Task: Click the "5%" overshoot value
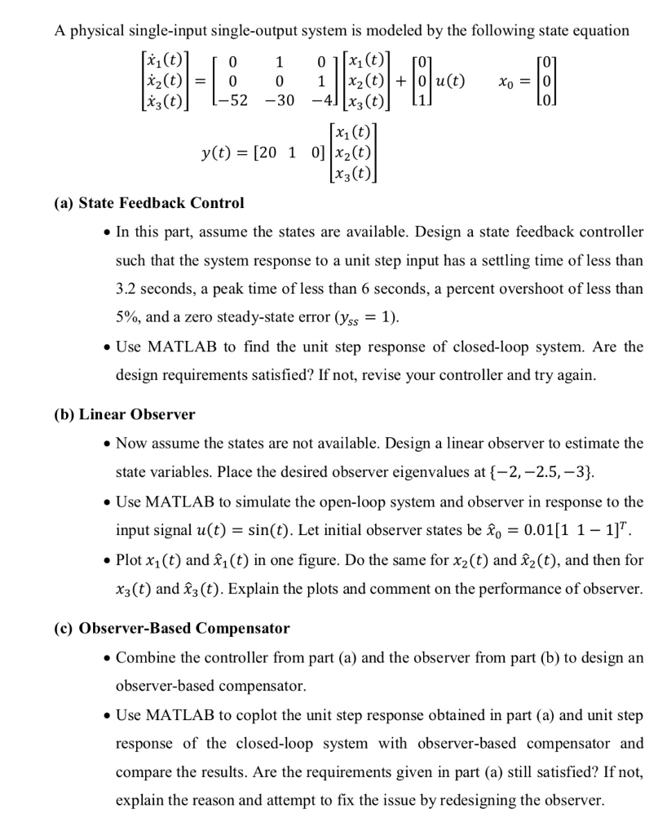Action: (x=129, y=317)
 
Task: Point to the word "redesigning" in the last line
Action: (x=497, y=800)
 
